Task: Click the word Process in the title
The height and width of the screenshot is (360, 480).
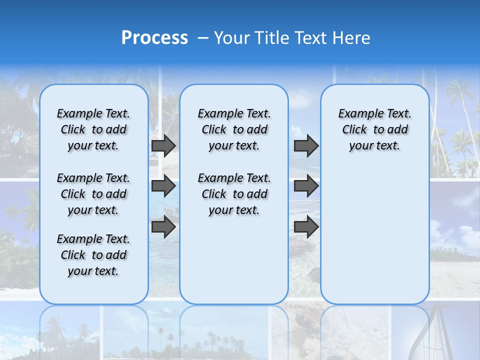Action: [154, 38]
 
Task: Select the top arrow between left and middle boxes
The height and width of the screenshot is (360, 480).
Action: [163, 145]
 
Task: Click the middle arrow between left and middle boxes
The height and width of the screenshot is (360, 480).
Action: [163, 186]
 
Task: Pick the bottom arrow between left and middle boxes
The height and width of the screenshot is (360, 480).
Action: [163, 226]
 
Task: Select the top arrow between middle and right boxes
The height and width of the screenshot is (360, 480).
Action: [306, 145]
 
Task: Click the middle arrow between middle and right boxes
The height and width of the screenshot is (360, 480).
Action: [306, 186]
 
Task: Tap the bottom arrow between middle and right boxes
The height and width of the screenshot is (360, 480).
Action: [306, 226]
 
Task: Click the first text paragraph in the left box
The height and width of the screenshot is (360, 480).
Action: [93, 129]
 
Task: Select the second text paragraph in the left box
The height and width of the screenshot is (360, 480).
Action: [93, 194]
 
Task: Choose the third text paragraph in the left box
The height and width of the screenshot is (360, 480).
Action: [93, 255]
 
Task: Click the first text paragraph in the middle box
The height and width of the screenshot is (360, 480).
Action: [234, 129]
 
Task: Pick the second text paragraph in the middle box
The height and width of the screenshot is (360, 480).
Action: [234, 194]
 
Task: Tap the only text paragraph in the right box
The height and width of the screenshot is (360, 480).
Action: [374, 129]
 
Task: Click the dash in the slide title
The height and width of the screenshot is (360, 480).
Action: [203, 38]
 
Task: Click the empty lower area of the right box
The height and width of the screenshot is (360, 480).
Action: [374, 240]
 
